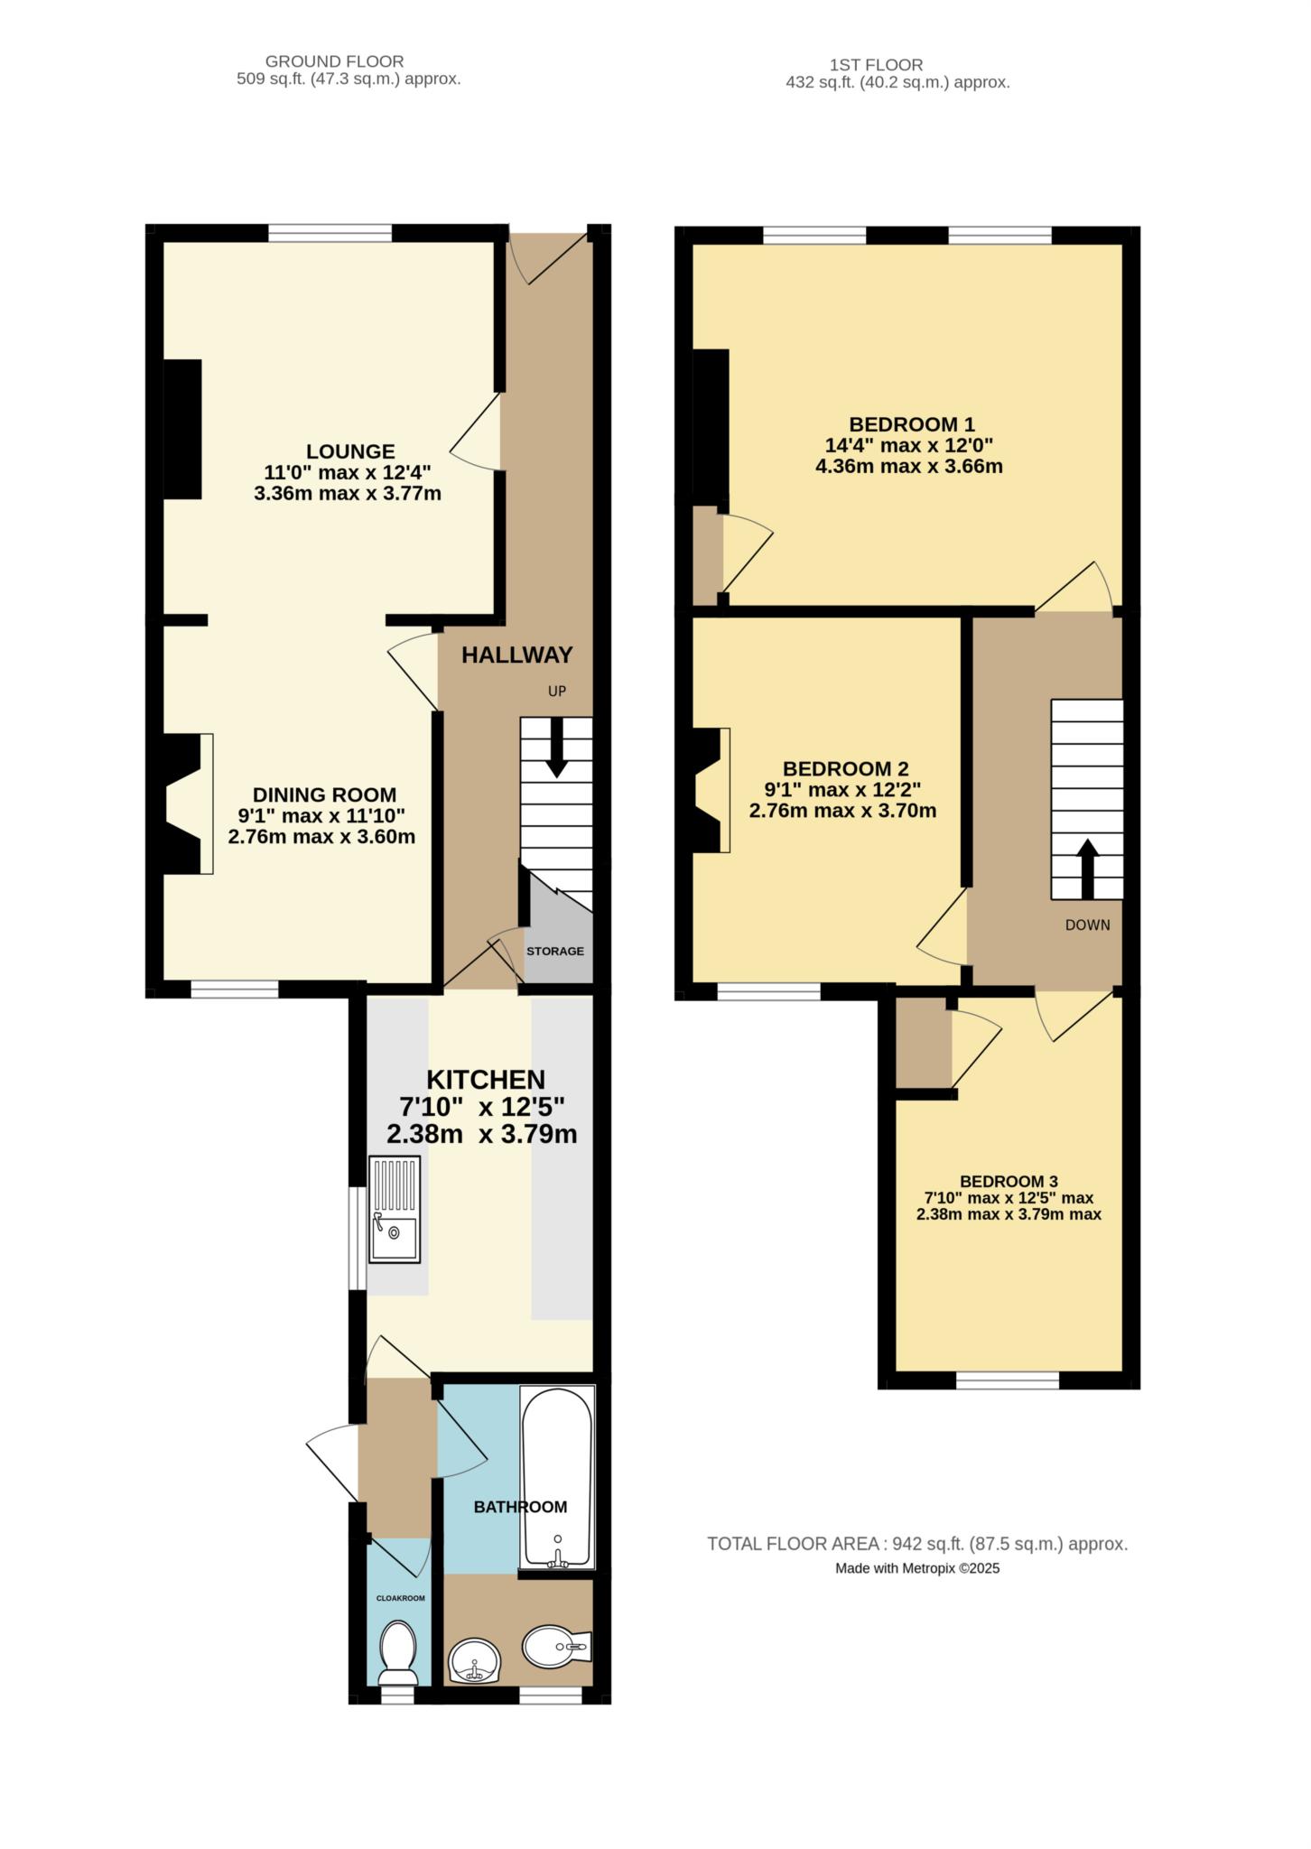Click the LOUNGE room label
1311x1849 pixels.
350,451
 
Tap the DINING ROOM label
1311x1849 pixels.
324,795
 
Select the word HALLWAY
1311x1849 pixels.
517,655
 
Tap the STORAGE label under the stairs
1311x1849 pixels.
555,951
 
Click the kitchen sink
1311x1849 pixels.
395,1210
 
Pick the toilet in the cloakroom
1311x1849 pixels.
397,1653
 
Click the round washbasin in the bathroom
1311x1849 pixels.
474,1661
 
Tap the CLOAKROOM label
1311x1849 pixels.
400,1598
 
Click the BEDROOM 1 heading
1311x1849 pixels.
912,424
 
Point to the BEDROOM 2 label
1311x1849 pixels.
845,769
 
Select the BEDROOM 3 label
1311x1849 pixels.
1009,1182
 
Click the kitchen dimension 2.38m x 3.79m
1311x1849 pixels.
482,1134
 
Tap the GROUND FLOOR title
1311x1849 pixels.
334,61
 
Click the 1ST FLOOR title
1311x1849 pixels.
876,65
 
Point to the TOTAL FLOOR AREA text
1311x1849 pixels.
917,1545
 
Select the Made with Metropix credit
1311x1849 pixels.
917,1569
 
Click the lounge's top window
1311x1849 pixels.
330,234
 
